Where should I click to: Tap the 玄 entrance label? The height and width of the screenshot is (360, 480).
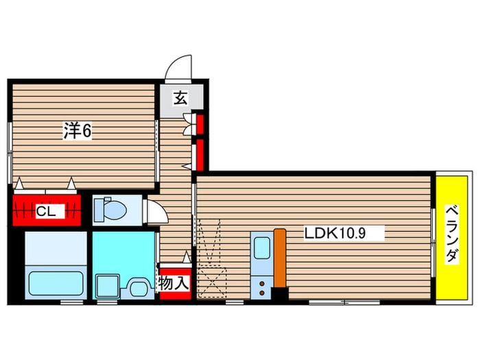(x=179, y=98)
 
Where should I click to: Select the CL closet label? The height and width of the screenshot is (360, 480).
(x=46, y=211)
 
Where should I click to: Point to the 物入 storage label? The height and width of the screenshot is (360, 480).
(x=174, y=282)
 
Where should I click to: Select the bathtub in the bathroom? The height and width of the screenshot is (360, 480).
(x=55, y=284)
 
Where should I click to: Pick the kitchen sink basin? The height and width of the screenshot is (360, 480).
(x=262, y=250)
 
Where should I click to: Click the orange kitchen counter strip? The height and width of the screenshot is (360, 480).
(x=279, y=257)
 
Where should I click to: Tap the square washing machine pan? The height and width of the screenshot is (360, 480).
(x=107, y=286)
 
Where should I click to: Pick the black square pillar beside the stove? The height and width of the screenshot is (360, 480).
(x=280, y=293)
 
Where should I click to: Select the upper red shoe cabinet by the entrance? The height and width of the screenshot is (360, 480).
(x=200, y=124)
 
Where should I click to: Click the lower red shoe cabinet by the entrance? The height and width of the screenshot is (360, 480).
(x=200, y=155)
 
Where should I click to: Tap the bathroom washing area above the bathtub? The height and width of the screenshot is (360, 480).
(x=55, y=248)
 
